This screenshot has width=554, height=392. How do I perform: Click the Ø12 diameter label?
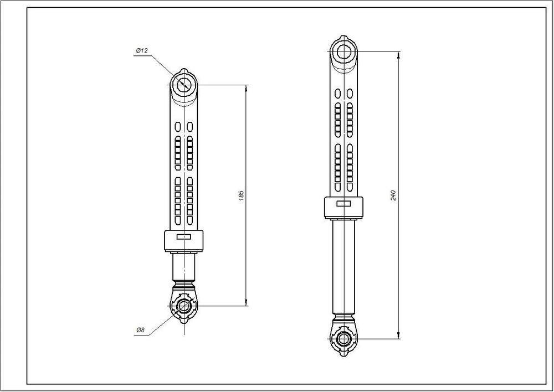pyautogui.click(x=142, y=51)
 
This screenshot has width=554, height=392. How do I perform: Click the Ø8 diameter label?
pyautogui.click(x=140, y=330)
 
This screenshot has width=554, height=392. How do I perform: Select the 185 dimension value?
pyautogui.click(x=242, y=195)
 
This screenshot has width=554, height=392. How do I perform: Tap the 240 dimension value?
pyautogui.click(x=393, y=195)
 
